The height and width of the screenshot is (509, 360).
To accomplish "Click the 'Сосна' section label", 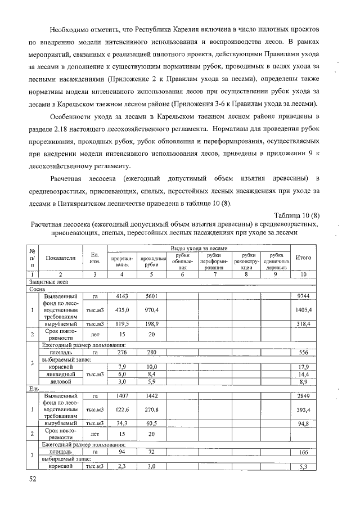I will (x=37, y=288).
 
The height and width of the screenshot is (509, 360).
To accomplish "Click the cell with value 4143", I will (x=122, y=296).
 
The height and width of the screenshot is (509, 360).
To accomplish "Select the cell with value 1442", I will (x=151, y=396).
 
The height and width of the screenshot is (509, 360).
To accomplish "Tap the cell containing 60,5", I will (x=151, y=424).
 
